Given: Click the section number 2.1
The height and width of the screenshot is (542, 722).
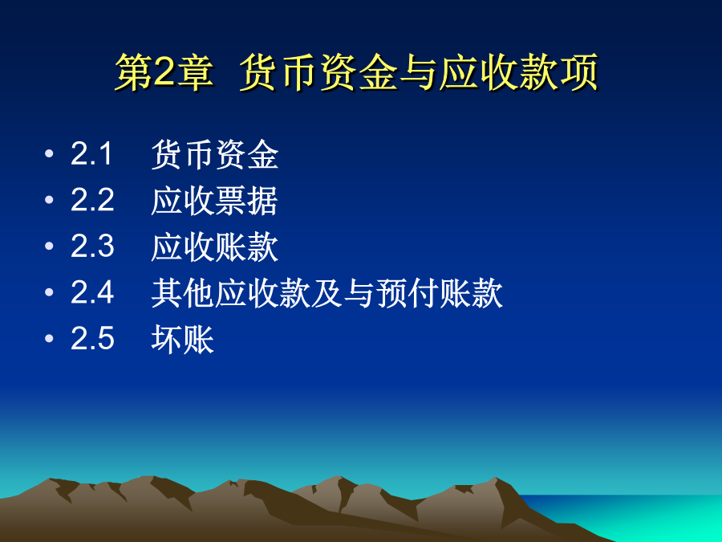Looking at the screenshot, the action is click(91, 153).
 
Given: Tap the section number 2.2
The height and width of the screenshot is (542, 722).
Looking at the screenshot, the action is click(92, 200).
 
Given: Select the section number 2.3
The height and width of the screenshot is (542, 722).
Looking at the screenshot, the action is click(92, 247).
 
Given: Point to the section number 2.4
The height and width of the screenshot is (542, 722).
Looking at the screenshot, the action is click(92, 292).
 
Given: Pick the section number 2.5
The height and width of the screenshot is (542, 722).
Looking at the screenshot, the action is click(92, 339).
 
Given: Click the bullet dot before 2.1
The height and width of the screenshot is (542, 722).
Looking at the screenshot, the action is click(49, 153).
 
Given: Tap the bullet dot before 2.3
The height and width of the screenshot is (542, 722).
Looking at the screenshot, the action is click(49, 247).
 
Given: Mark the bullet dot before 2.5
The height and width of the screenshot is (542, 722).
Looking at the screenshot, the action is click(49, 339).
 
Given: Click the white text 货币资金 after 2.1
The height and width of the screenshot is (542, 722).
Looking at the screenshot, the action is click(214, 154).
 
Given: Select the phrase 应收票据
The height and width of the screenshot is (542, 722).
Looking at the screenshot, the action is click(214, 201).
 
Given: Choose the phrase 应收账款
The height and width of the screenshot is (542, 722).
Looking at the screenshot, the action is click(214, 247).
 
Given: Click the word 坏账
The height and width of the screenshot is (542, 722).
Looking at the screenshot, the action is click(183, 340).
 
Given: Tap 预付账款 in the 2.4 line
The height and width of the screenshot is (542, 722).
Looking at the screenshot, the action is click(439, 293).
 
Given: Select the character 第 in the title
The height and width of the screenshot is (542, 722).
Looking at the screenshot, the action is click(135, 72).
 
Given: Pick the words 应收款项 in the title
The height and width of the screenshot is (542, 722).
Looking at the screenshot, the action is click(518, 72).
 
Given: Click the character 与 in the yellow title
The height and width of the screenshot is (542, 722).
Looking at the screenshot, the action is click(419, 72).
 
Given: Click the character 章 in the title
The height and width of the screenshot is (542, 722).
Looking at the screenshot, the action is click(195, 72).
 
